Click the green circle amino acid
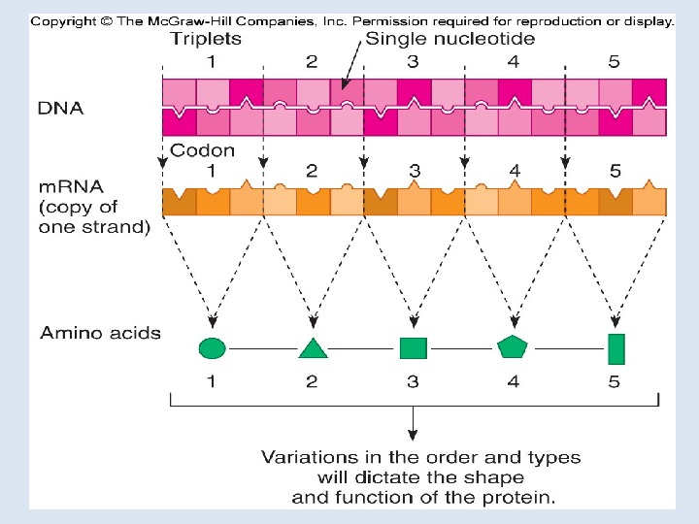(213, 347)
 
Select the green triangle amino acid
(313, 348)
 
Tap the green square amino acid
(414, 347)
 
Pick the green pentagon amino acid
(512, 346)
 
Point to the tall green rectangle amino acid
(616, 348)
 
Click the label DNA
(60, 108)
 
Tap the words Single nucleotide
(449, 40)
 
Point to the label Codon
(202, 150)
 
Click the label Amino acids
(100, 333)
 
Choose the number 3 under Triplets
(413, 62)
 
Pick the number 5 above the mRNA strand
(616, 172)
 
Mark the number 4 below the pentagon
(513, 381)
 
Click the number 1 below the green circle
(212, 381)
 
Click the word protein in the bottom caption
(520, 498)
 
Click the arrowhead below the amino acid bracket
(415, 434)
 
